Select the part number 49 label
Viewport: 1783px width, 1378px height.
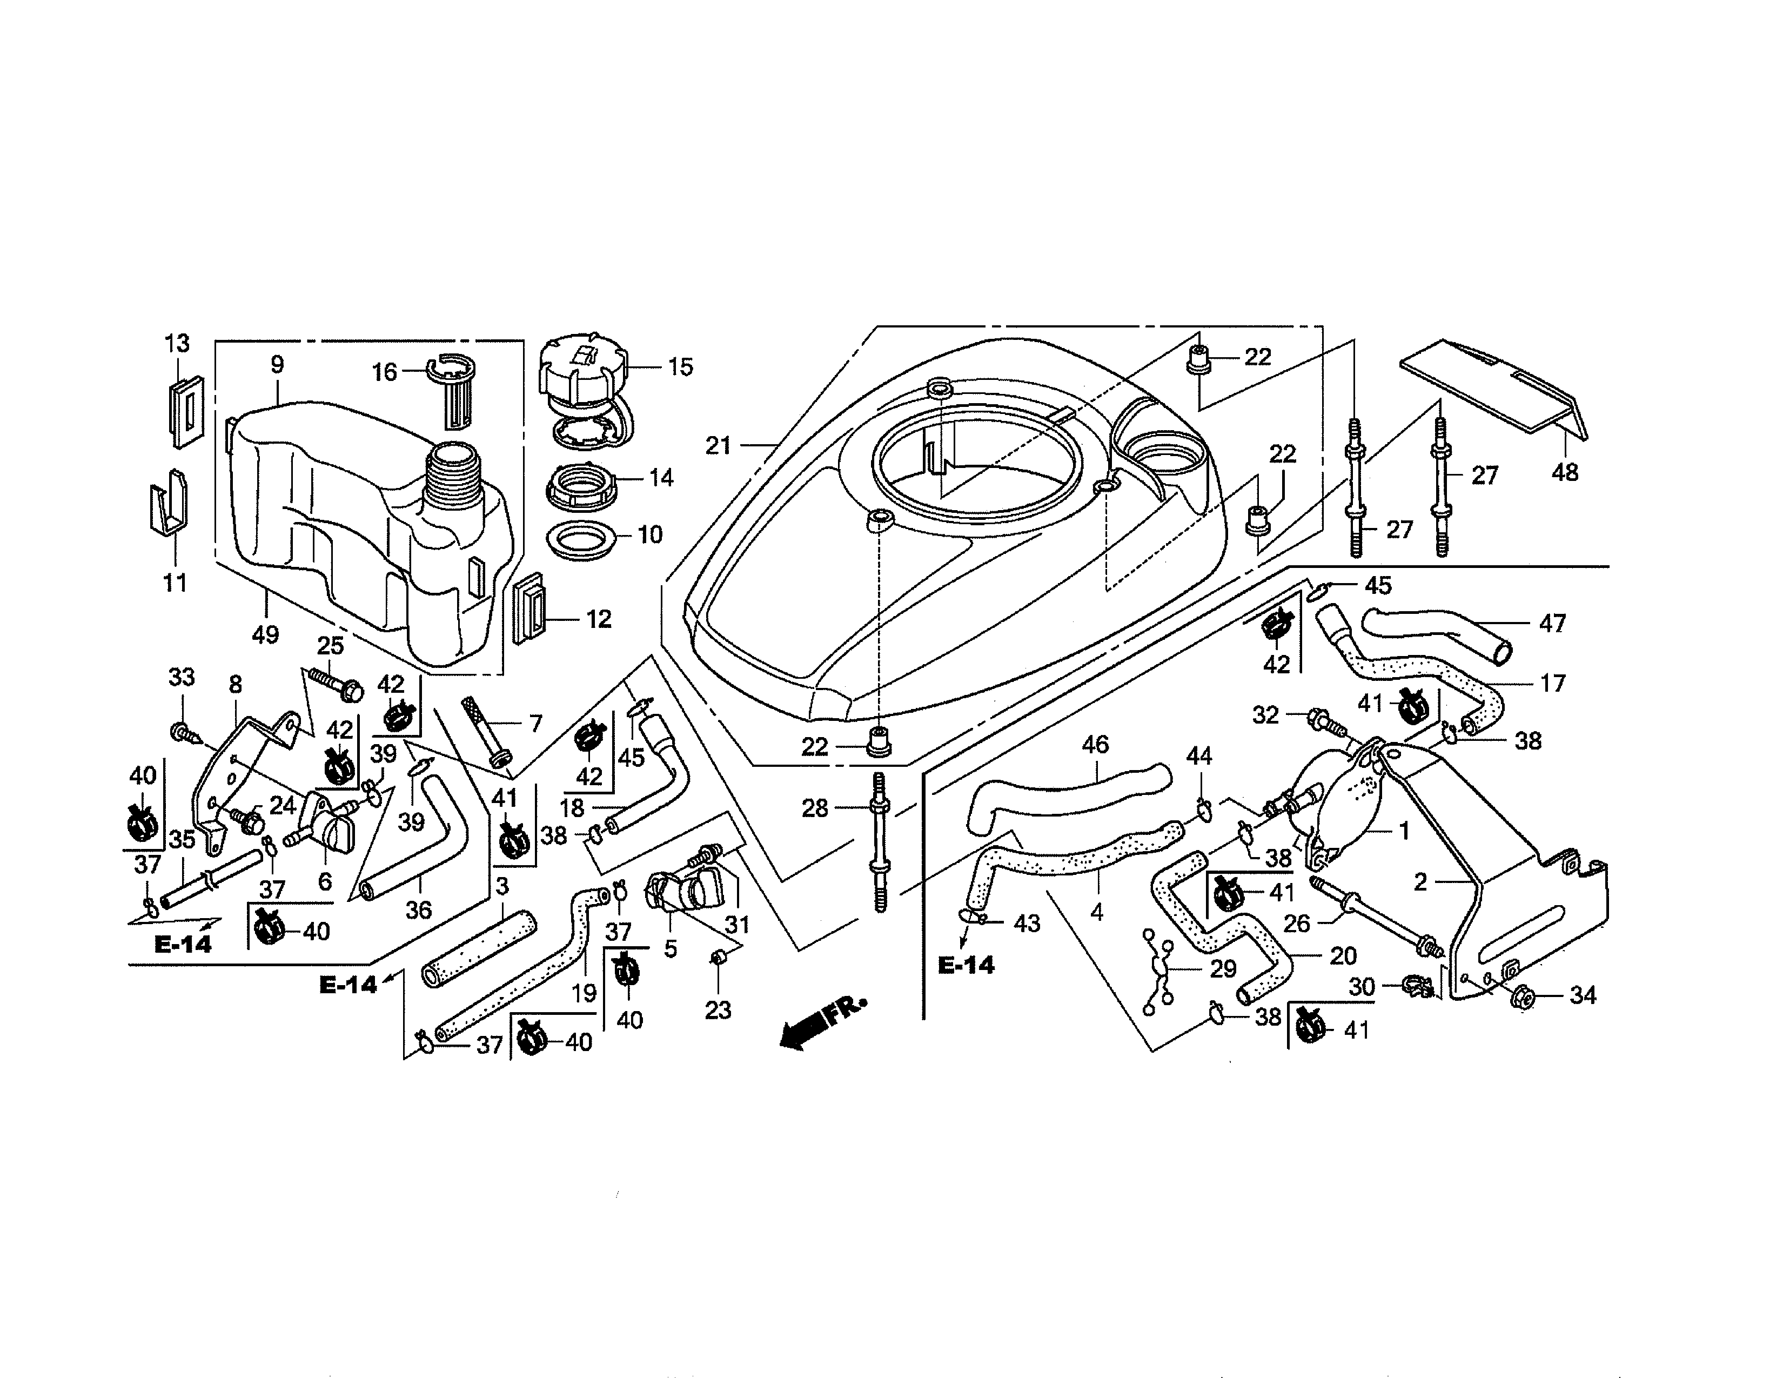coord(265,633)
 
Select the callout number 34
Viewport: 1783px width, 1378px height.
coord(1582,995)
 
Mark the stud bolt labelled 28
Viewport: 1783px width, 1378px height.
coord(880,841)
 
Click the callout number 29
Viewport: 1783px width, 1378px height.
coord(1223,968)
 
